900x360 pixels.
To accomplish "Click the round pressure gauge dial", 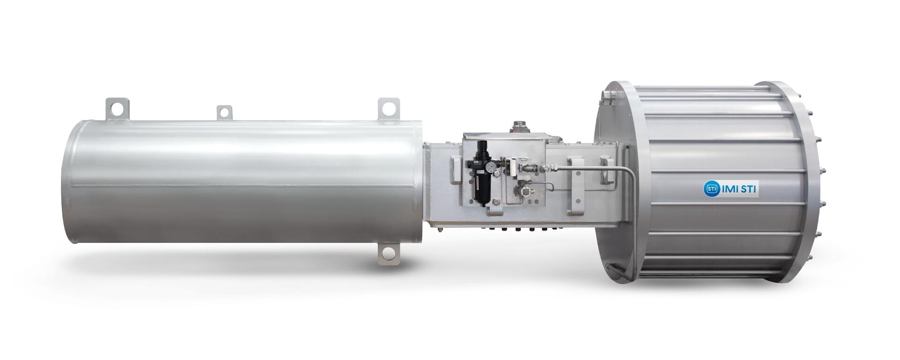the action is pos(490,167).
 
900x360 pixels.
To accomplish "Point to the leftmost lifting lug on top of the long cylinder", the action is pos(117,109).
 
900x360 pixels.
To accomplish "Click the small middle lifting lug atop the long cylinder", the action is pos(225,113).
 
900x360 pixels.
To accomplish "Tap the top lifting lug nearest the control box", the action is pos(389,108).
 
